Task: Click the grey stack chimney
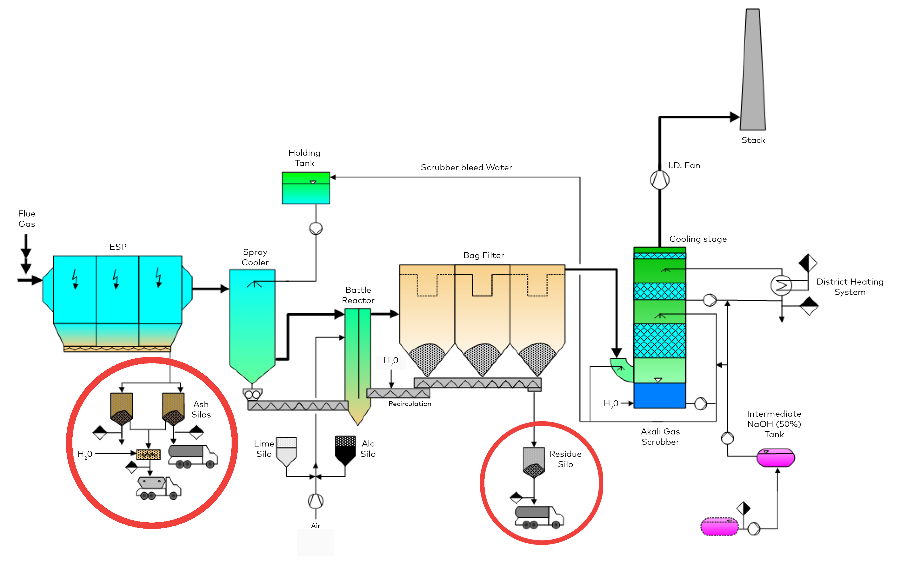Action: click(752, 69)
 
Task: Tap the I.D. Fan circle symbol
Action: click(659, 180)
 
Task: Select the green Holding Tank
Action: click(306, 188)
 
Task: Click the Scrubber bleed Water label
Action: click(466, 167)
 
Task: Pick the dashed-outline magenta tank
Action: click(719, 527)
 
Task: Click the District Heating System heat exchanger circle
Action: click(781, 285)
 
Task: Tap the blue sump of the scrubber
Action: click(659, 395)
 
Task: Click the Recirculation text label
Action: click(410, 404)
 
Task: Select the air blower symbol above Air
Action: click(315, 501)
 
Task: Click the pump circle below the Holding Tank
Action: click(316, 228)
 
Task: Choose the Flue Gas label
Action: click(27, 219)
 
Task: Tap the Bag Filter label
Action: click(484, 255)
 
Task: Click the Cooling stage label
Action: click(698, 239)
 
